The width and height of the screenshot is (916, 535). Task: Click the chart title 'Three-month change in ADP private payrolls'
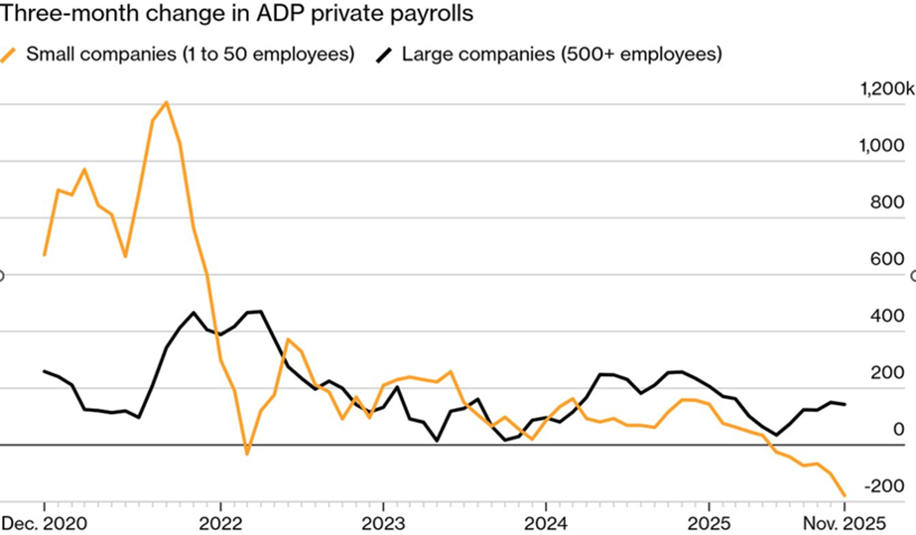[239, 15]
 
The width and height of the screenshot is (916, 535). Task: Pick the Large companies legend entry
[560, 54]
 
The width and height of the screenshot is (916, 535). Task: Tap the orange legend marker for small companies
[14, 54]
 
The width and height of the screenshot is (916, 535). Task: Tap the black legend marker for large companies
[384, 54]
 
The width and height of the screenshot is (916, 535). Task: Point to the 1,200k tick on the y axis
[886, 89]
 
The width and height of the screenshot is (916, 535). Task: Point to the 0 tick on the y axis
[899, 430]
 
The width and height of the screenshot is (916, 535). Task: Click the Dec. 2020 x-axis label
[44, 521]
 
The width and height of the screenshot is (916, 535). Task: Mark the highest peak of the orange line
[166, 102]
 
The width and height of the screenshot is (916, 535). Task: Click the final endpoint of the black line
[845, 404]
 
